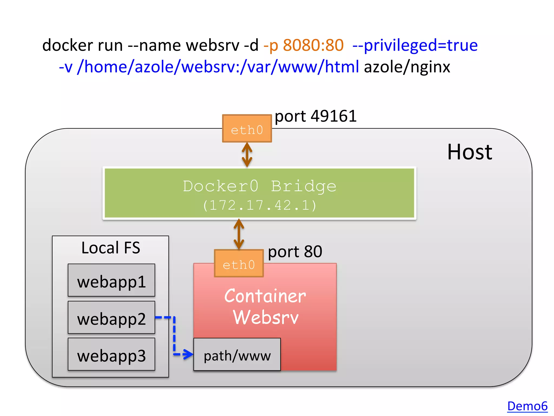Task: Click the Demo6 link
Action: (x=527, y=406)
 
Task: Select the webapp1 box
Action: (x=111, y=280)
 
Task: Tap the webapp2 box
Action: (x=111, y=317)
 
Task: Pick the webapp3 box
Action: (x=111, y=354)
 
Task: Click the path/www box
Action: (x=237, y=355)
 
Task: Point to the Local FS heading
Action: (x=111, y=248)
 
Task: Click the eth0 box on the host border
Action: (x=247, y=129)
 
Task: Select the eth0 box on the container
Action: (x=239, y=264)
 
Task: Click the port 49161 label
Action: (x=315, y=116)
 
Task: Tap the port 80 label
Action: (x=295, y=252)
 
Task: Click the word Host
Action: (x=469, y=152)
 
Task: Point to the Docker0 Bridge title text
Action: (x=259, y=186)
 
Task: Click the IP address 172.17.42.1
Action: (x=259, y=205)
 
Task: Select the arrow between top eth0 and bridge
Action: (x=247, y=155)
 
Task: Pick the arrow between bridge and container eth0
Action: (x=239, y=234)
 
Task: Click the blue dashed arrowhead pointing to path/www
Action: (x=188, y=354)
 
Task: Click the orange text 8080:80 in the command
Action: (x=313, y=45)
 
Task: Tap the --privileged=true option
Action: (x=415, y=45)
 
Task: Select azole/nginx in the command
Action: (x=407, y=67)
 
